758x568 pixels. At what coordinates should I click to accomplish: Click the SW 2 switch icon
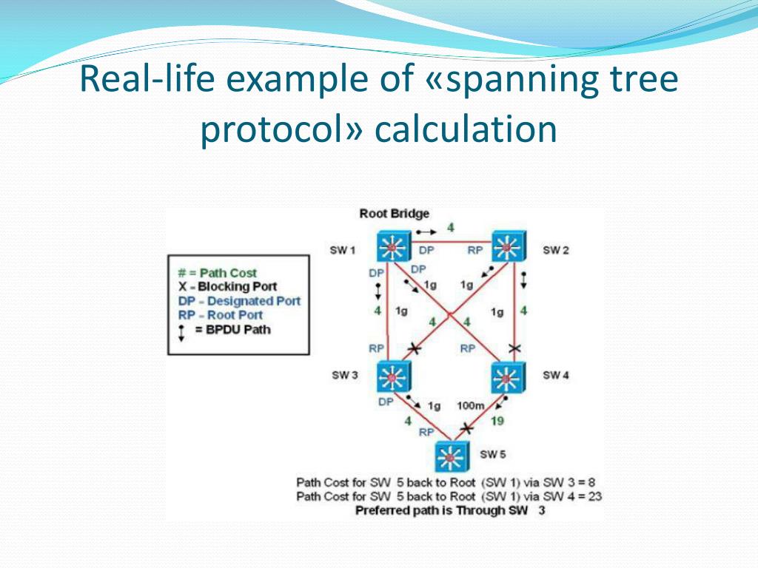point(509,246)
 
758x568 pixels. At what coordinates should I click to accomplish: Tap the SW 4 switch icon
point(509,377)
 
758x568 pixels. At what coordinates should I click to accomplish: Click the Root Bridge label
point(394,214)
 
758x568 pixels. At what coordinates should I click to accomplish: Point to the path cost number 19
point(497,421)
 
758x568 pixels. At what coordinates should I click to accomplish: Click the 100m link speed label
point(471,405)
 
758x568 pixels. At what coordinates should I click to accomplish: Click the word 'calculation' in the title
point(465,129)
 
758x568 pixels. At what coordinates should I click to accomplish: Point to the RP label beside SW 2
point(475,251)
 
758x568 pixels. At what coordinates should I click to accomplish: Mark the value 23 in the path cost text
point(594,496)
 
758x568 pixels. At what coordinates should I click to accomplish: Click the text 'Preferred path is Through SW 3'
point(450,510)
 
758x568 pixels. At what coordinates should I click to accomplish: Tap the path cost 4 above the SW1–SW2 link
point(450,227)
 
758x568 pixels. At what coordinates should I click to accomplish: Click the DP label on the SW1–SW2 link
point(426,251)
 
